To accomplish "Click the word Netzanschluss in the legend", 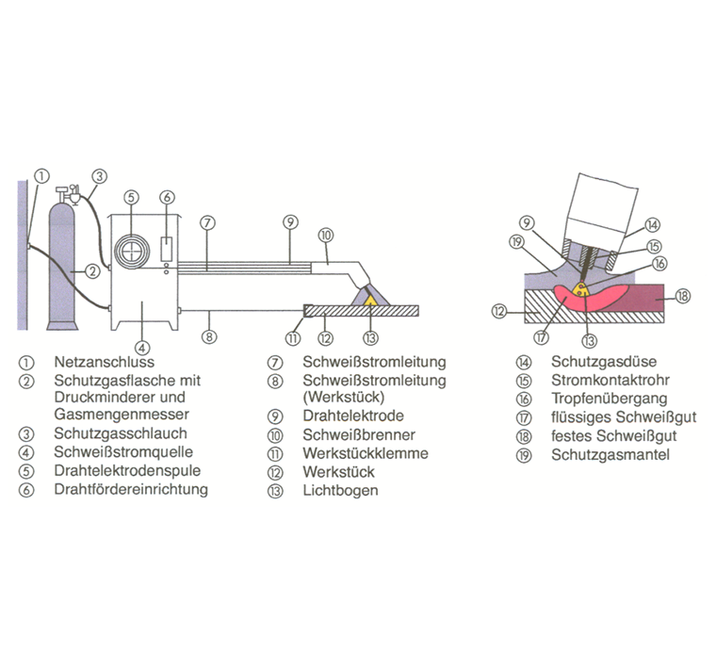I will point(105,361).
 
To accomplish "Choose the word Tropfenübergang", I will point(599,399).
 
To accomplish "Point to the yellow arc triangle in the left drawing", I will point(371,301).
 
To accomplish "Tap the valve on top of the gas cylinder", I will point(67,193).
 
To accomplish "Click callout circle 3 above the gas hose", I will point(99,175).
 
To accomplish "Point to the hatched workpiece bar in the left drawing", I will point(358,310).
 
